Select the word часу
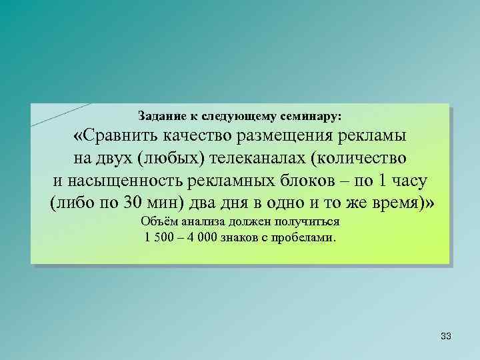[x=408, y=181]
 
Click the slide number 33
[x=446, y=337]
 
